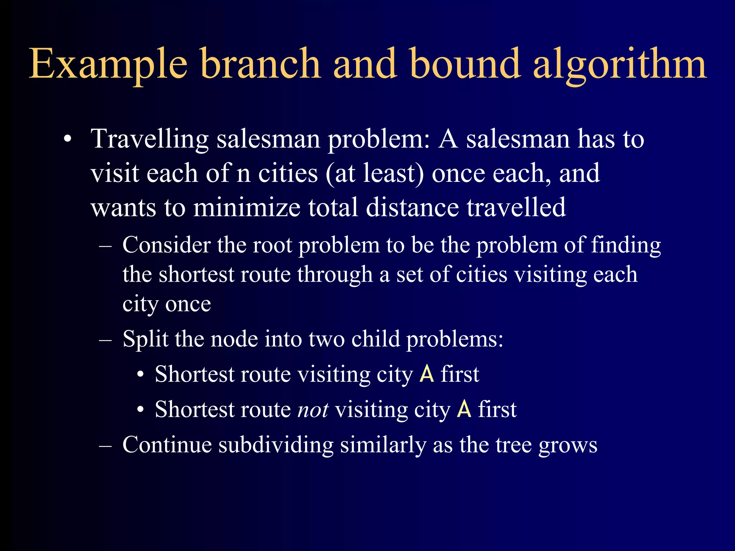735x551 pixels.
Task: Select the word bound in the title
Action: pos(465,64)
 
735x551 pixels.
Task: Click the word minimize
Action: pos(247,208)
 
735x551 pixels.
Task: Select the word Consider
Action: pos(167,245)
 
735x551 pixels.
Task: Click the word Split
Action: pos(145,339)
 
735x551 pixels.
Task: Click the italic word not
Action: pos(313,410)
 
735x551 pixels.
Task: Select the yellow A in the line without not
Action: pos(427,374)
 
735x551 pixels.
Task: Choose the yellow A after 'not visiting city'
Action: pos(464,409)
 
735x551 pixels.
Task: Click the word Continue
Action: pos(167,445)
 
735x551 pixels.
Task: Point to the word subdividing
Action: pos(276,446)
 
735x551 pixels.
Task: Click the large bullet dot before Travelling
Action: pos(67,140)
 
